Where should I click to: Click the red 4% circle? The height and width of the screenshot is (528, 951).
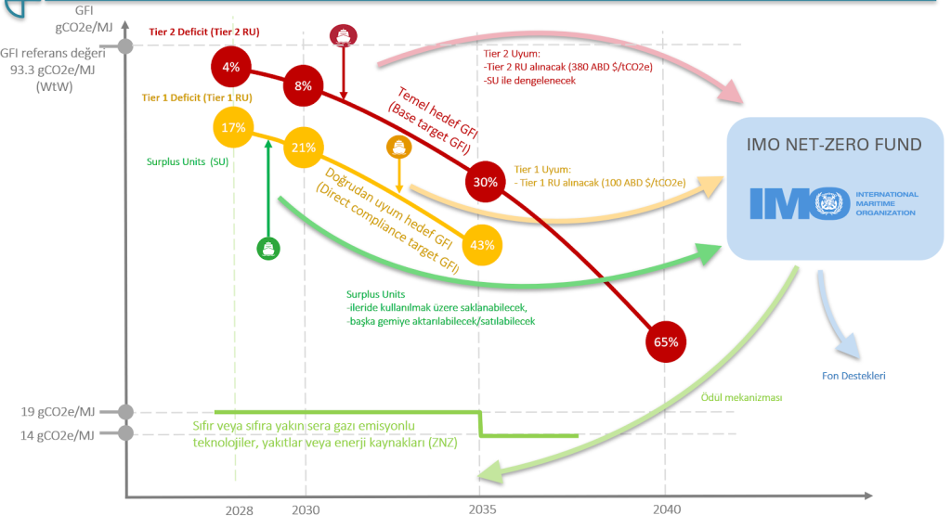click(230, 67)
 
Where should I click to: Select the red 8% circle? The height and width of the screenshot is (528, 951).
click(304, 85)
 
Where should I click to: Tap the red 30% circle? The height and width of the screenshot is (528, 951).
click(485, 182)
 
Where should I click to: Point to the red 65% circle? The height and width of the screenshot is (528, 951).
click(666, 341)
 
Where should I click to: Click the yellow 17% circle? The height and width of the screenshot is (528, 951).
click(233, 128)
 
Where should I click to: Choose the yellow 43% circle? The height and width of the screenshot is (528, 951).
click(482, 245)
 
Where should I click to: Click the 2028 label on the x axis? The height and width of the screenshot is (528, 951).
click(239, 510)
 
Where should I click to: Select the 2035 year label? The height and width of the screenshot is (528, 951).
click(482, 510)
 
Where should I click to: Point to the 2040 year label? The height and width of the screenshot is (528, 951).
click(666, 510)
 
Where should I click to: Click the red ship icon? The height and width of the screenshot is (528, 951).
click(343, 36)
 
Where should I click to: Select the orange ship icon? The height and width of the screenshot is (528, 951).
click(398, 147)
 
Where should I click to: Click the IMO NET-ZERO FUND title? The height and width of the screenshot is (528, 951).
click(835, 145)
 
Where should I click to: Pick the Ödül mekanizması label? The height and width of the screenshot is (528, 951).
click(739, 397)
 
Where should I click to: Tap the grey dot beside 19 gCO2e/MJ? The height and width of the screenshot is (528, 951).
click(127, 411)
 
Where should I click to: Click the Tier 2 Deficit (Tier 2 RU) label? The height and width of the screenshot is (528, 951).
click(203, 32)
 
